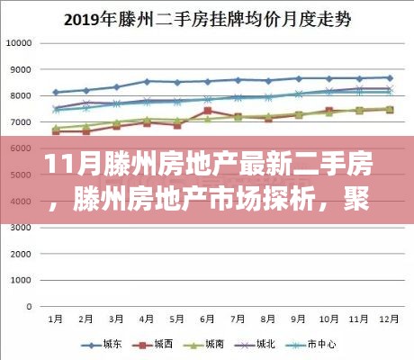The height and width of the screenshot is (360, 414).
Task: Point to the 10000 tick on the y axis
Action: click(x=19, y=43)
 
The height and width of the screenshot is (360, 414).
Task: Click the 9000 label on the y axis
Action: click(x=21, y=69)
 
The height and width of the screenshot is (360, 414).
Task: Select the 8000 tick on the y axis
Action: click(x=21, y=95)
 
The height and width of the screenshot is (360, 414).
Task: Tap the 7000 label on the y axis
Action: click(x=21, y=121)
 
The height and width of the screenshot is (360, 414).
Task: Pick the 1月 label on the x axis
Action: click(x=56, y=318)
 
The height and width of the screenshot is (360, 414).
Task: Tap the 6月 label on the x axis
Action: click(x=207, y=318)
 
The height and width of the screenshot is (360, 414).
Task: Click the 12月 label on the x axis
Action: click(x=389, y=318)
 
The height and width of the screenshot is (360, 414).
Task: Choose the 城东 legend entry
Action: click(x=104, y=343)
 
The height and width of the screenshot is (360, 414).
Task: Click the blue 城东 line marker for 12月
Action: click(x=389, y=77)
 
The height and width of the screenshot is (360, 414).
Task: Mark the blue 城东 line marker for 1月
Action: click(x=56, y=92)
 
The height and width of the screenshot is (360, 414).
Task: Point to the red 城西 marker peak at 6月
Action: click(x=207, y=111)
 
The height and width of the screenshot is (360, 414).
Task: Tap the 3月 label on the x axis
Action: click(x=116, y=318)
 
